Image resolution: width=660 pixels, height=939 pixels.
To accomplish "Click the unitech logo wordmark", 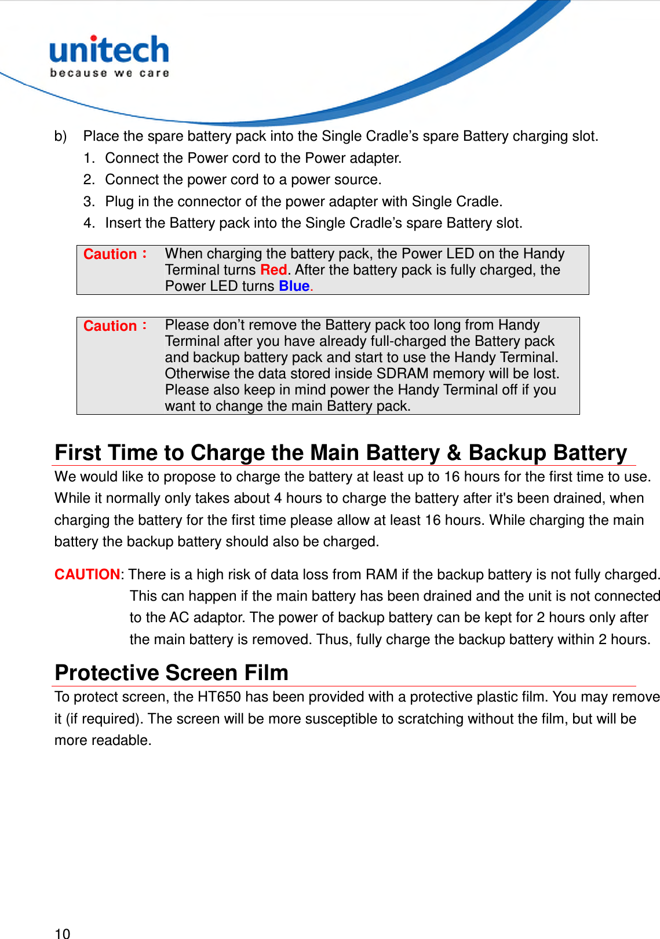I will [109, 50].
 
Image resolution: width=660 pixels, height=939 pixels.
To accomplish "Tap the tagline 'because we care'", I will [109, 73].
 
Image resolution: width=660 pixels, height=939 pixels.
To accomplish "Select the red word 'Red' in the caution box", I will [274, 270].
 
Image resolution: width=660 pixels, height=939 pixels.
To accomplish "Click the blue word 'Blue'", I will [294, 286].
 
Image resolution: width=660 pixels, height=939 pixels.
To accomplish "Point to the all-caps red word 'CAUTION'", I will [87, 575].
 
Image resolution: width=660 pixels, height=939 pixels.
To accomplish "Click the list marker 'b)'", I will [60, 136].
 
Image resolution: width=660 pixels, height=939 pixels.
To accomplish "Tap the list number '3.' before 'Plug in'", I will [89, 202].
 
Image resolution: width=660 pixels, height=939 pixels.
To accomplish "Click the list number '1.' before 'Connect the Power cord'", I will [89, 158].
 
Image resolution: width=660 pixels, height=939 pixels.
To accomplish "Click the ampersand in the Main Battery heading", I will [454, 453].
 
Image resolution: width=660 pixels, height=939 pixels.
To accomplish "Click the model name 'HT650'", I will [219, 697].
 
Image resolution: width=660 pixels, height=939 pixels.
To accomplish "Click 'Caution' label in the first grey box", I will [110, 254].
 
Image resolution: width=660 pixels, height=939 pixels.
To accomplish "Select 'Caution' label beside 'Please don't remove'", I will [110, 326].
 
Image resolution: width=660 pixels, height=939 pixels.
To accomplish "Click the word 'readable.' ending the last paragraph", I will [125, 740].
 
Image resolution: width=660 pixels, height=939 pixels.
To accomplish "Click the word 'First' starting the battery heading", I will [78, 453].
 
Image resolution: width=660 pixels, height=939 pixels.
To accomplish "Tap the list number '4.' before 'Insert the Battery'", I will [89, 223].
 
